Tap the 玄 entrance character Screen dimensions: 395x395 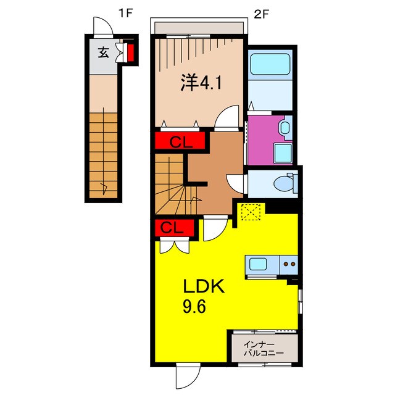pos(102,52)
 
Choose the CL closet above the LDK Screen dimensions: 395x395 pos(175,228)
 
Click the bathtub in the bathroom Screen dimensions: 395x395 pos(270,64)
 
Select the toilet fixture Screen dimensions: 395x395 pos(285,183)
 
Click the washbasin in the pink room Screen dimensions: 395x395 pos(285,128)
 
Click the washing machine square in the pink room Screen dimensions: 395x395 pos(283,153)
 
